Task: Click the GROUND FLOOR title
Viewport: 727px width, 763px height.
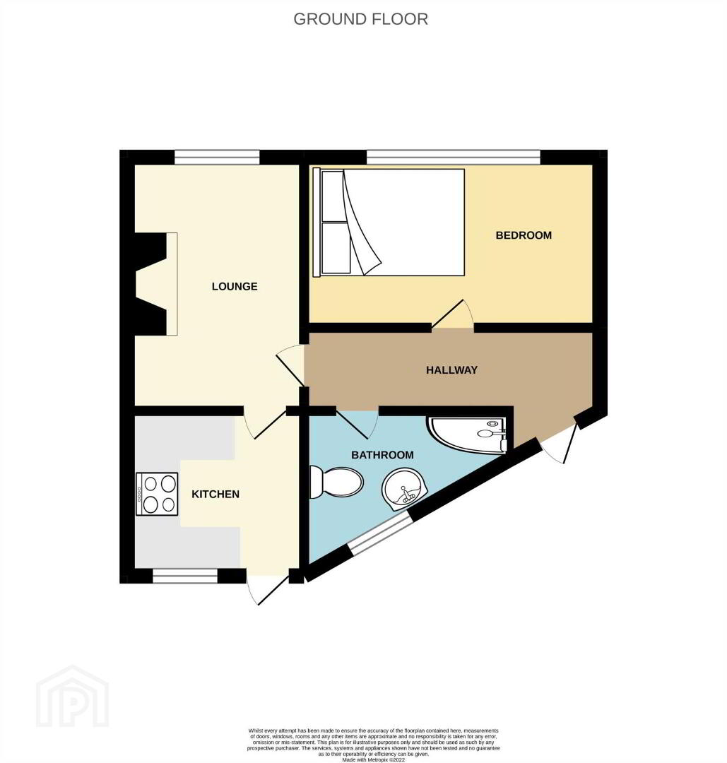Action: click(360, 19)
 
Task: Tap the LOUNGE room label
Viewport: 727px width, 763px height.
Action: click(235, 286)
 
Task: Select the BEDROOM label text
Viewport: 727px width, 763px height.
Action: click(524, 235)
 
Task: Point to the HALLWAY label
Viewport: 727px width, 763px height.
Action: click(451, 370)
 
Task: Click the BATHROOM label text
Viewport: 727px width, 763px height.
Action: click(382, 455)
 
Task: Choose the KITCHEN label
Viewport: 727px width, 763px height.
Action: click(215, 495)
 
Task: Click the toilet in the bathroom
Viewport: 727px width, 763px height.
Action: click(336, 482)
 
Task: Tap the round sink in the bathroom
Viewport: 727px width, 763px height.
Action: click(404, 489)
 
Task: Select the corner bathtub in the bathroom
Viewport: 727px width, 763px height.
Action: click(468, 434)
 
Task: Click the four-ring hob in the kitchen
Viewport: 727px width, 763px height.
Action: click(157, 493)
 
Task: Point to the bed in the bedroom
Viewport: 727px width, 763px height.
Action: click(389, 223)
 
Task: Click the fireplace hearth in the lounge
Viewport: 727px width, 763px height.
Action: click(172, 284)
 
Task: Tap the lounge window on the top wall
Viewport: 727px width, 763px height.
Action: click(217, 157)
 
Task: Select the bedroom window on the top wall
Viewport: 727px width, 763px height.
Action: click(453, 157)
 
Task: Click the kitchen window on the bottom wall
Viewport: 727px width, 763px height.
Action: click(185, 576)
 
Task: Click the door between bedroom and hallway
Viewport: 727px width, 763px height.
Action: click(453, 315)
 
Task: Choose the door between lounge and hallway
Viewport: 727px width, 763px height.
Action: click(290, 365)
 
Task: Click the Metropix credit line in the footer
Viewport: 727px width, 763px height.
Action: click(373, 759)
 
